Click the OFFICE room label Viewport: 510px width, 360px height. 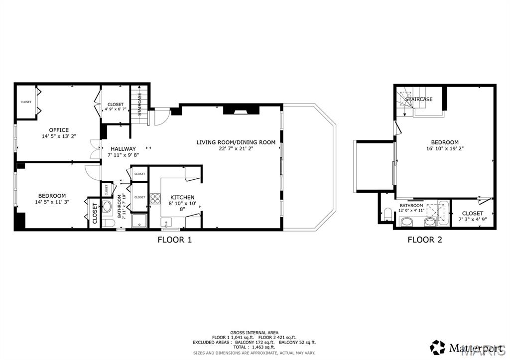tap(59, 130)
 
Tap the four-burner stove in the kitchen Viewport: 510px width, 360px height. tap(155, 199)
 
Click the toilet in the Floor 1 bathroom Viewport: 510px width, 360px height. tap(108, 222)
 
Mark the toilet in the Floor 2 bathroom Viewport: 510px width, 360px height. tap(387, 215)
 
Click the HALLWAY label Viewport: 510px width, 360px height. tap(123, 148)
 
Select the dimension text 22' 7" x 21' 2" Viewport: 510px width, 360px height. tap(236, 148)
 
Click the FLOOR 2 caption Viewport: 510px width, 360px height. tap(424, 240)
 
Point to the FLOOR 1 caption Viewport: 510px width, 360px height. tap(174, 240)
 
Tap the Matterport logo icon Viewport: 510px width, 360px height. tap(437, 347)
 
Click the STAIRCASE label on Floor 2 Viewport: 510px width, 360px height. tap(418, 99)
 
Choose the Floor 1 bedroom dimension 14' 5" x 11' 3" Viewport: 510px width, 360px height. tap(52, 202)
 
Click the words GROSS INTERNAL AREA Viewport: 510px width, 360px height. tap(254, 333)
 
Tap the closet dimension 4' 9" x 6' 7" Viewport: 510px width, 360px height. tap(116, 110)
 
